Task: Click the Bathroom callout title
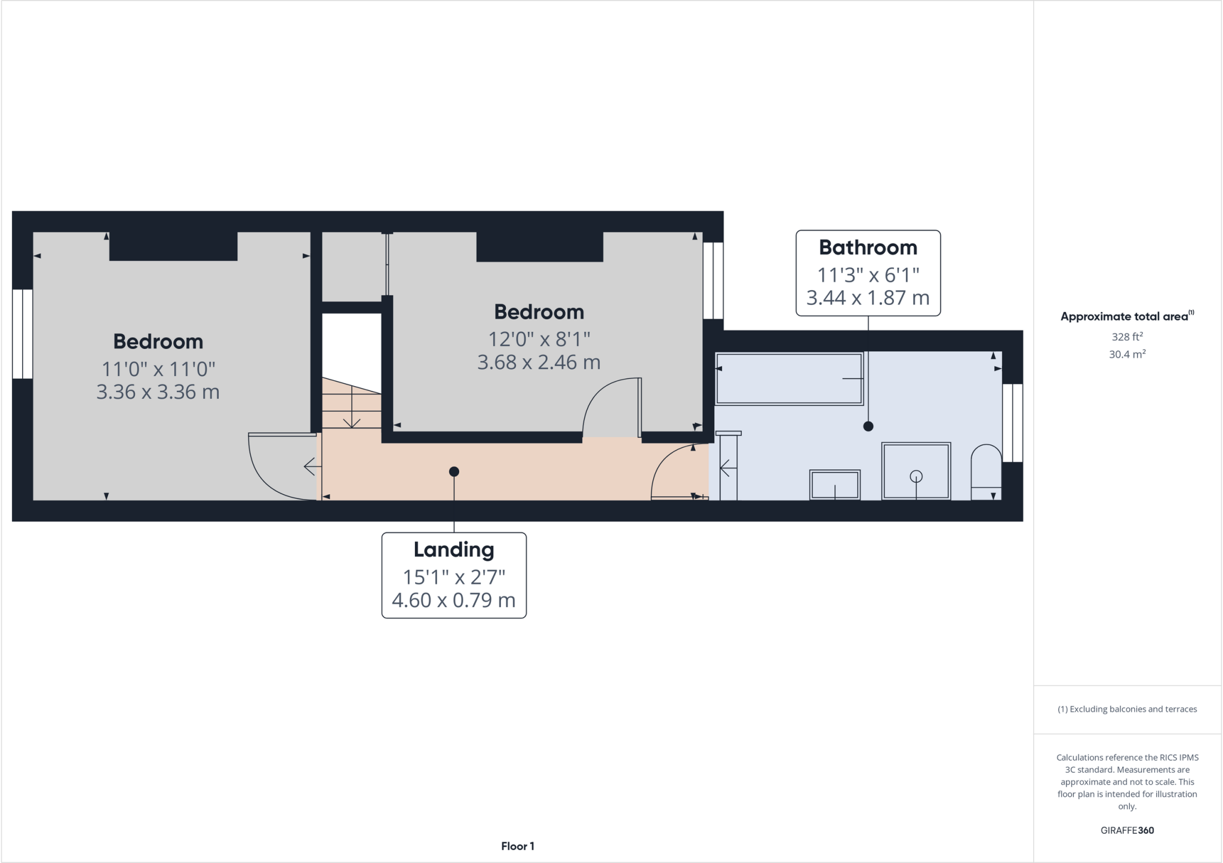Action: pyautogui.click(x=868, y=247)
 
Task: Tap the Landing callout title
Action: pyautogui.click(x=454, y=550)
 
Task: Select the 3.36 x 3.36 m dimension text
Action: pyautogui.click(x=158, y=392)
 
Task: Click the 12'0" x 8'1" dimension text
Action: pyautogui.click(x=539, y=339)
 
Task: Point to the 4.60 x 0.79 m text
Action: pyautogui.click(x=454, y=600)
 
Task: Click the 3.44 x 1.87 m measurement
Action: pyautogui.click(x=868, y=297)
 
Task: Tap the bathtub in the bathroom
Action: pyautogui.click(x=789, y=378)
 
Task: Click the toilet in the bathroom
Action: pyautogui.click(x=986, y=471)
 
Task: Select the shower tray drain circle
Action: pyautogui.click(x=916, y=476)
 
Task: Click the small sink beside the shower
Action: pyautogui.click(x=834, y=484)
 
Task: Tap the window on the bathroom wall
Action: pyautogui.click(x=1012, y=423)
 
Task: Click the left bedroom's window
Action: pyautogui.click(x=23, y=334)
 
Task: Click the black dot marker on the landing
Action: pyautogui.click(x=454, y=471)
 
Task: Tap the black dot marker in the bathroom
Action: pyautogui.click(x=868, y=426)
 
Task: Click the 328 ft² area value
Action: pyautogui.click(x=1127, y=337)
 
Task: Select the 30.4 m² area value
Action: pyautogui.click(x=1127, y=355)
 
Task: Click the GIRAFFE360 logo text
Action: pyautogui.click(x=1127, y=830)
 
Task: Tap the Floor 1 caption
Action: pyautogui.click(x=518, y=846)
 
